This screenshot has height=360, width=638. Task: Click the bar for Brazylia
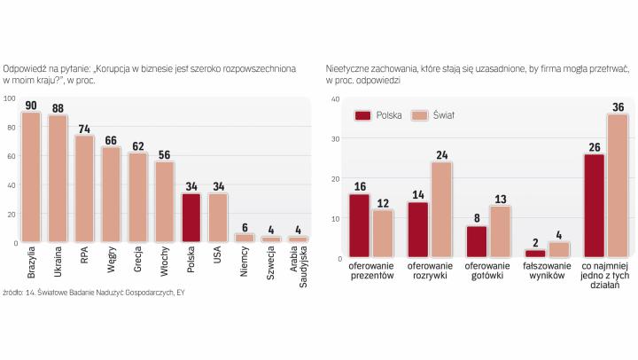[31, 177]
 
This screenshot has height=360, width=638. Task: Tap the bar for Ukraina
[58, 179]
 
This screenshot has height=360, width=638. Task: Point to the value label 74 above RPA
[84, 129]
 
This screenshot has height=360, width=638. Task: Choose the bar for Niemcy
[244, 239]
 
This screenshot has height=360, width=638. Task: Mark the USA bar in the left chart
[217, 218]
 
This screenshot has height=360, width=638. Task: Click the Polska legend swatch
[362, 116]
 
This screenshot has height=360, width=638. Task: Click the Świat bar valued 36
[618, 186]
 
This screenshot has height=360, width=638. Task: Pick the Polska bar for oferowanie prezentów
[359, 226]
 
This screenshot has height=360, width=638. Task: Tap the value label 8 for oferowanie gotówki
[476, 219]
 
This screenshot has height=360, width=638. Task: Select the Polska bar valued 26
[595, 206]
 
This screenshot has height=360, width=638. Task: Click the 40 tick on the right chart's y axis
[335, 99]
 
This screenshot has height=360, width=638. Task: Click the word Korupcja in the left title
[121, 68]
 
